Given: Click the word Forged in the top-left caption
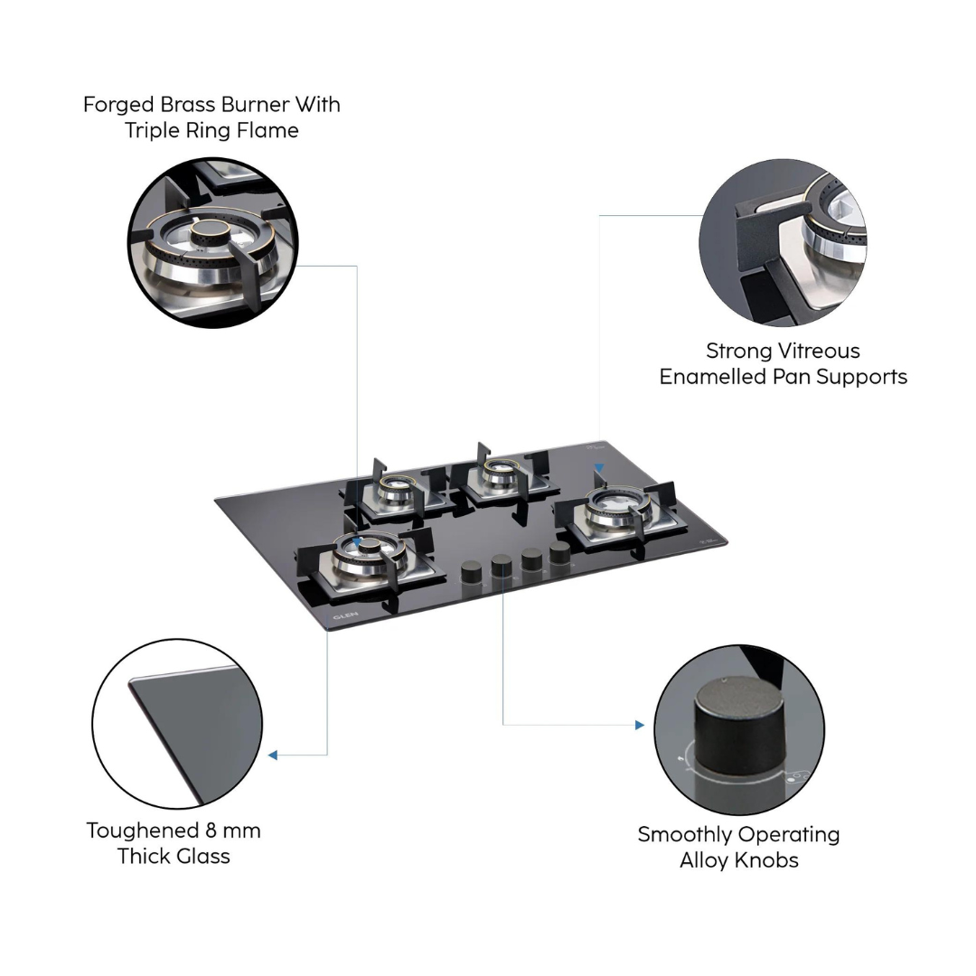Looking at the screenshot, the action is (x=118, y=105).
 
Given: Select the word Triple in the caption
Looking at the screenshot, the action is (x=149, y=131).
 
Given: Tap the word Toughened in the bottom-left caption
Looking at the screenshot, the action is (x=143, y=831).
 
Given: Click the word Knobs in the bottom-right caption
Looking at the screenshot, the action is (x=768, y=861).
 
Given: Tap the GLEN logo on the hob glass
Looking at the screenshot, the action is (x=345, y=615).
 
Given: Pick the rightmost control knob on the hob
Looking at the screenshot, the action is (x=559, y=552).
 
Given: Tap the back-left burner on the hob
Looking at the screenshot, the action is (x=395, y=491).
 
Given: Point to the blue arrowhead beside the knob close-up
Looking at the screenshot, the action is (x=639, y=725).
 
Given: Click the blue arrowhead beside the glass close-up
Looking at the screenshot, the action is (x=273, y=755).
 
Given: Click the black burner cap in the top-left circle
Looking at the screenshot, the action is (x=211, y=233).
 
